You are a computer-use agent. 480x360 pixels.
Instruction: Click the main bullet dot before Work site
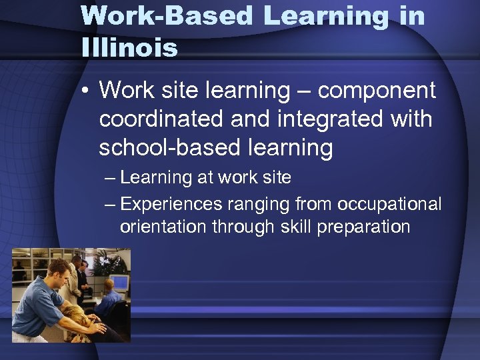(x=86, y=91)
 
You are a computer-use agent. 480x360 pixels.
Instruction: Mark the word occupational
(x=386, y=204)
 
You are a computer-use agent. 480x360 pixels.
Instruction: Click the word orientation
(x=163, y=227)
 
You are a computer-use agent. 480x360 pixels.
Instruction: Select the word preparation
(x=363, y=227)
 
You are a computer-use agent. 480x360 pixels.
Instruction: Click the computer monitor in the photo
(x=120, y=282)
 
